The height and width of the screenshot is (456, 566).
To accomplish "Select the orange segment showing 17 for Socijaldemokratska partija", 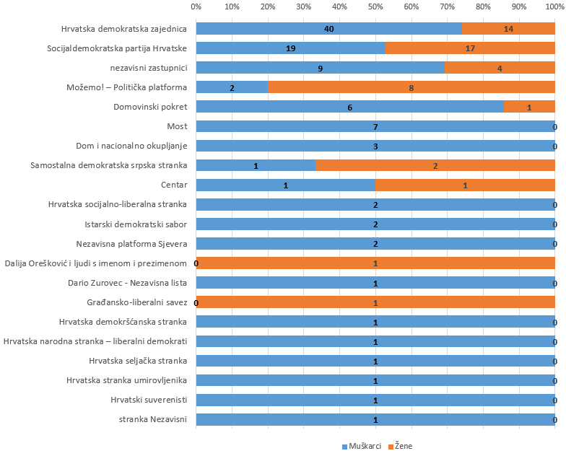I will click(x=469, y=48).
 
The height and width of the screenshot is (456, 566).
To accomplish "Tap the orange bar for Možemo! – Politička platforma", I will click(x=412, y=87).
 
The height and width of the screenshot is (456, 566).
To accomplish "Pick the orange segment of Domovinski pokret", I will click(x=529, y=107).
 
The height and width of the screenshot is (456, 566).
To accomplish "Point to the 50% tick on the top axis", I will click(x=375, y=6).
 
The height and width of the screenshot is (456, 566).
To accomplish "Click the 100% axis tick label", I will click(x=554, y=6).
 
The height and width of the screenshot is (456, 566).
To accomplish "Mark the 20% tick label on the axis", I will click(x=268, y=6).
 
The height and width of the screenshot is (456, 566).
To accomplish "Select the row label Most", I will click(x=177, y=126).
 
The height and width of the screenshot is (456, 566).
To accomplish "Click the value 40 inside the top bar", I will click(x=328, y=29).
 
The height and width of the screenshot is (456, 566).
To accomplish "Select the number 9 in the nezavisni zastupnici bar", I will click(x=320, y=68).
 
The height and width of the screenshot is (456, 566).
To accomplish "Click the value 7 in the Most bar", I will click(x=375, y=127).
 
